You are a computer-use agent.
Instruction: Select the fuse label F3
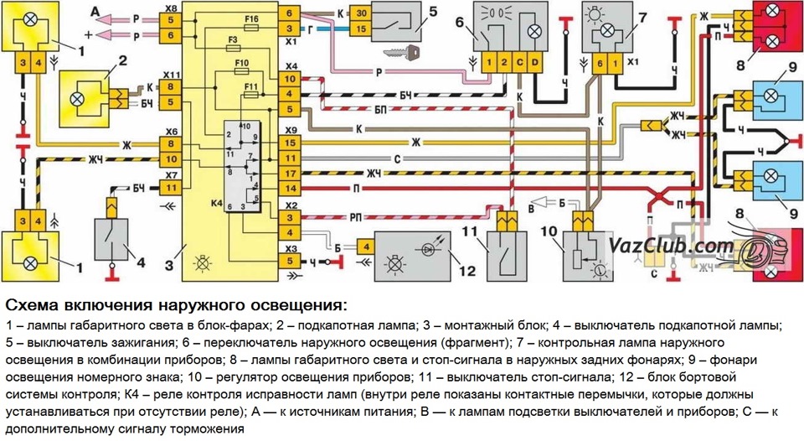234,39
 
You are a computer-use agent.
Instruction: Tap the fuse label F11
249,86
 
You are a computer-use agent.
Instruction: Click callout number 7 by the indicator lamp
642,18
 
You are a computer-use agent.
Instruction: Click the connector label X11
171,73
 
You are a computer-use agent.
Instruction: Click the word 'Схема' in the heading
33,304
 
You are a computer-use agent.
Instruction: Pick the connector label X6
171,132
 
